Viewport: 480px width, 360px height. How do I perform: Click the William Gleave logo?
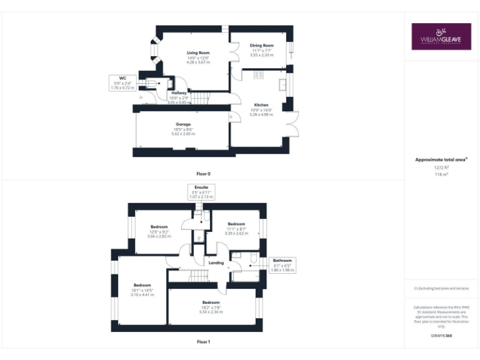pos(441,37)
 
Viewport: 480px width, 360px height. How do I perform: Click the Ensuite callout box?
pos(201,191)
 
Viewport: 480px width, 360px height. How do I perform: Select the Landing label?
pos(216,263)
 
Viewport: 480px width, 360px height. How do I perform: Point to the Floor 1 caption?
pos(204,342)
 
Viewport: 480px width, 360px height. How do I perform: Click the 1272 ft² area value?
pos(441,167)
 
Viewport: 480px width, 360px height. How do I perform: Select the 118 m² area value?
pos(441,174)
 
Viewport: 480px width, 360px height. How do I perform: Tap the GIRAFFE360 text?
pos(441,336)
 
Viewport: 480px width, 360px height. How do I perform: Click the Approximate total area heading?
pos(441,159)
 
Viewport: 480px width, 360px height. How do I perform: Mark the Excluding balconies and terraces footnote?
pos(441,288)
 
